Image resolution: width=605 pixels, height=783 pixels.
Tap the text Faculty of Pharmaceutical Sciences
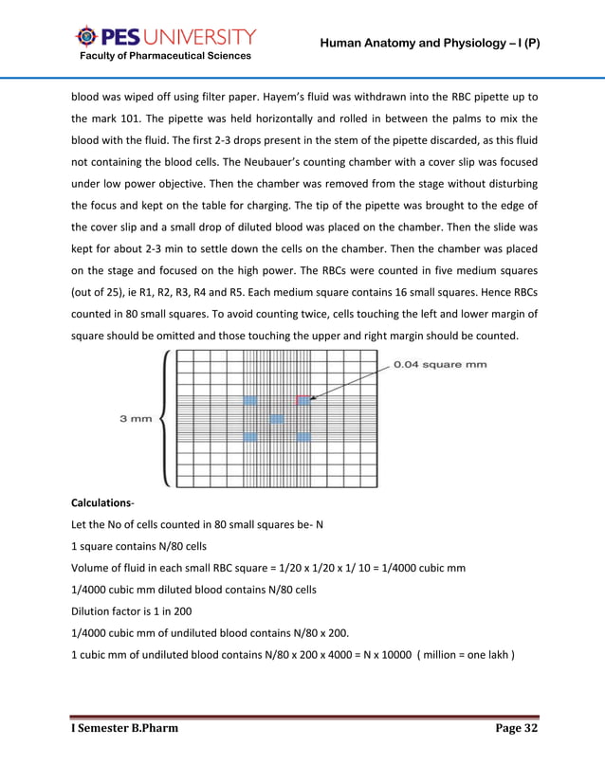165,56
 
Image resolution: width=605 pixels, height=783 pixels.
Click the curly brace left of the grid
167,418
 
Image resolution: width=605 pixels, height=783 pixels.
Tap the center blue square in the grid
276,418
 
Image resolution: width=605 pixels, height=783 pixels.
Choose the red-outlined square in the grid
303,400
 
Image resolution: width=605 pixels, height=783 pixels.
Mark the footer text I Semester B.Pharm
124,728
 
